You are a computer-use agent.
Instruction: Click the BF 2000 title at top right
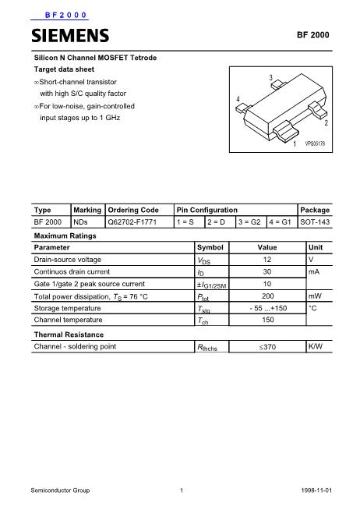point(313,36)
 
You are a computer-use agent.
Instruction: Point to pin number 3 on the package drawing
point(270,78)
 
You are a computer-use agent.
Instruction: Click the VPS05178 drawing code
point(314,144)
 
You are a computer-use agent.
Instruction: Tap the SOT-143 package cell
point(315,222)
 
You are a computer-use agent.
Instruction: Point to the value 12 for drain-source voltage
point(266,259)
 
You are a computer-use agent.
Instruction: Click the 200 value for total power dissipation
point(266,296)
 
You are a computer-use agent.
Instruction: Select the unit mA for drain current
point(315,271)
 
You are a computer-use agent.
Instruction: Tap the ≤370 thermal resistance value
point(267,346)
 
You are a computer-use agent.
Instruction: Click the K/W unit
point(316,345)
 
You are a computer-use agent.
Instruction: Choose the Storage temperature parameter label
point(68,309)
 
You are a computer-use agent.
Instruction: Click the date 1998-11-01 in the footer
point(316,491)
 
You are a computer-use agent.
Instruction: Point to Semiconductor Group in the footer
point(60,491)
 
